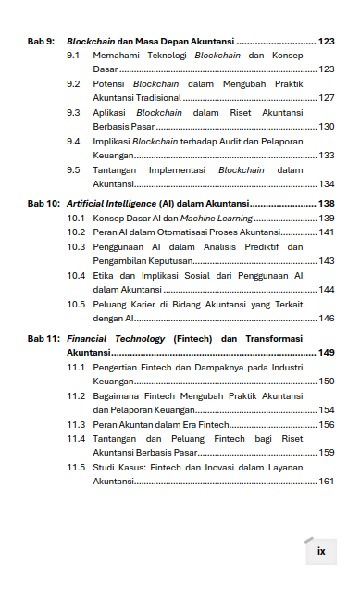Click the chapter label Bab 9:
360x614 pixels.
[x=42, y=42]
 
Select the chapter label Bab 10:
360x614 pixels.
[x=43, y=203]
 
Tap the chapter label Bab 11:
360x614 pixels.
[x=43, y=338]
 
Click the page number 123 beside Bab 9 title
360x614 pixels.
[x=326, y=42]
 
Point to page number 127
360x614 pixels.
[x=326, y=97]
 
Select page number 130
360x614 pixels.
[x=326, y=126]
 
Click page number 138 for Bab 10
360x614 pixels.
[x=326, y=203]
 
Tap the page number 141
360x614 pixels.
[x=326, y=232]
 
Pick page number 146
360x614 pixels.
[x=326, y=318]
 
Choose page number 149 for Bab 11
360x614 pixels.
[x=326, y=352]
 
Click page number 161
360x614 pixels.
[x=326, y=482]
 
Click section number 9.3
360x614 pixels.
[x=73, y=112]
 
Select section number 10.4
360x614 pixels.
[x=76, y=275]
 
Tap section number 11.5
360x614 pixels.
[x=76, y=468]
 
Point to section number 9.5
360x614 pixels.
[x=73, y=169]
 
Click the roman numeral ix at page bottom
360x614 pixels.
[x=321, y=551]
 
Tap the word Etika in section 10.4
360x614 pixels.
[x=104, y=275]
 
